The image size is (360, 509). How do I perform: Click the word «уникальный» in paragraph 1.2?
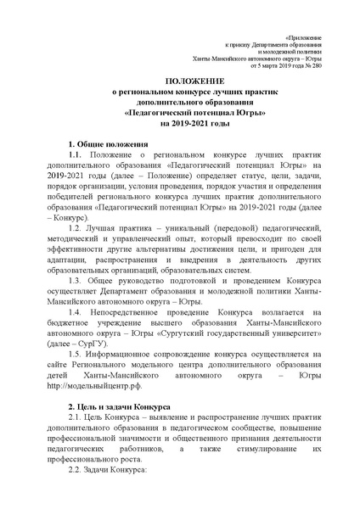pyautogui.click(x=173, y=229)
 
